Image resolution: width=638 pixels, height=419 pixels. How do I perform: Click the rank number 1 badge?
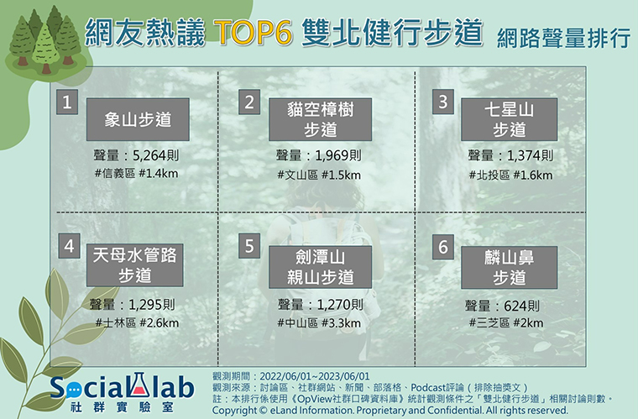(67, 102)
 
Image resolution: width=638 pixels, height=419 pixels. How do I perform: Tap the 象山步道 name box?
(138, 119)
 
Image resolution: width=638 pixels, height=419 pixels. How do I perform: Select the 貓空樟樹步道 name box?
(320, 119)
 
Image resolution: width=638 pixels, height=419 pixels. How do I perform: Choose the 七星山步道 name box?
(509, 119)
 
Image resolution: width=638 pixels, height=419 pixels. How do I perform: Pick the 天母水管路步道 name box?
(134, 265)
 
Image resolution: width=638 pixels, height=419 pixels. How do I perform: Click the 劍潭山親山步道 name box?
(320, 267)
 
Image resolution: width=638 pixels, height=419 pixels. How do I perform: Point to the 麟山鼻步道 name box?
(509, 267)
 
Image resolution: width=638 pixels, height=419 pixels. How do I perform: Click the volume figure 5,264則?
(156, 155)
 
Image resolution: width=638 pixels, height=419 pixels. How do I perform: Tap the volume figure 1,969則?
(338, 155)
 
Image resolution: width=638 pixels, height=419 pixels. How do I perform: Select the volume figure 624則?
(521, 306)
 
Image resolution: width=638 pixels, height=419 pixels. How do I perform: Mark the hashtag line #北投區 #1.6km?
(510, 175)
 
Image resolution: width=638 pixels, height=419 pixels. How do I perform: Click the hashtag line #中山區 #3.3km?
(319, 323)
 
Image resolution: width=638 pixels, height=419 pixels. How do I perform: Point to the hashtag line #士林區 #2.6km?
(137, 323)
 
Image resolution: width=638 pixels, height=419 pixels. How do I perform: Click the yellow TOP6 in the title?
(253, 32)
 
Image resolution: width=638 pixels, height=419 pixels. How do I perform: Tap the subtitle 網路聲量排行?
(563, 39)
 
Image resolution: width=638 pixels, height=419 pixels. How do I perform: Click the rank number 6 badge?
(443, 247)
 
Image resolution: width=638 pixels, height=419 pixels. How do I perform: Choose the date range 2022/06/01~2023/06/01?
(315, 376)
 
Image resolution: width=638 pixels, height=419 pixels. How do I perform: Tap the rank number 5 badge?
(249, 246)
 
